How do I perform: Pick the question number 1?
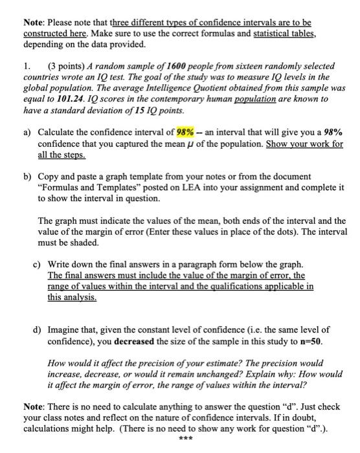pyautogui.click(x=27, y=67)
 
